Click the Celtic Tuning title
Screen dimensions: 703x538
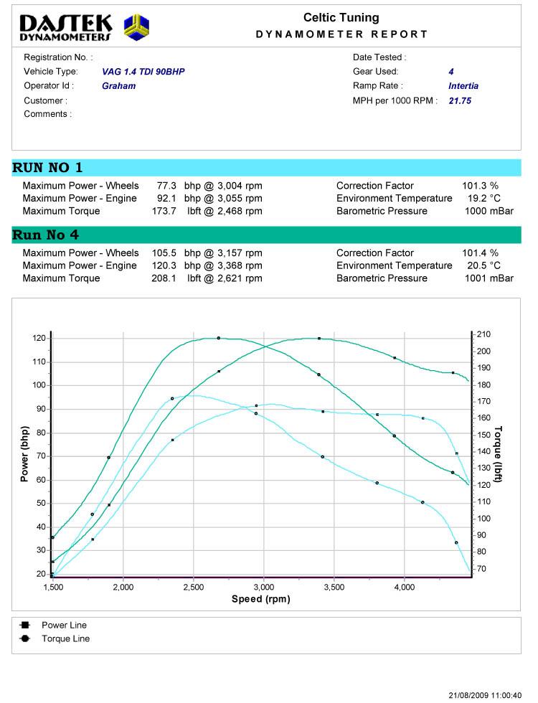341,18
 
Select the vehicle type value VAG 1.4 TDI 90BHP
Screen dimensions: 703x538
143,72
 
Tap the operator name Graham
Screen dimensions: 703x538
118,86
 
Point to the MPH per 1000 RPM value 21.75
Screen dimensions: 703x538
460,101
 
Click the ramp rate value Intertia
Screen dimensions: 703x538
463,86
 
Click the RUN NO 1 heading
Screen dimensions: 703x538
47,168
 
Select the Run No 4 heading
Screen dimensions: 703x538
46,235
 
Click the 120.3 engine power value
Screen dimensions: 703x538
165,266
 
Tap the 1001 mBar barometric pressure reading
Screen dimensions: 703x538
489,279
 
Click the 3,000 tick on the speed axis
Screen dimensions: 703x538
264,587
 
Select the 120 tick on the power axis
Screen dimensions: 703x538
39,338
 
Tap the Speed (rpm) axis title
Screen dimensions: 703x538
261,599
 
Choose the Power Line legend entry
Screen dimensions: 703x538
64,626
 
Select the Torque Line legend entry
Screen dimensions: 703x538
65,638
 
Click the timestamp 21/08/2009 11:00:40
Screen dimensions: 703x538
485,695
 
